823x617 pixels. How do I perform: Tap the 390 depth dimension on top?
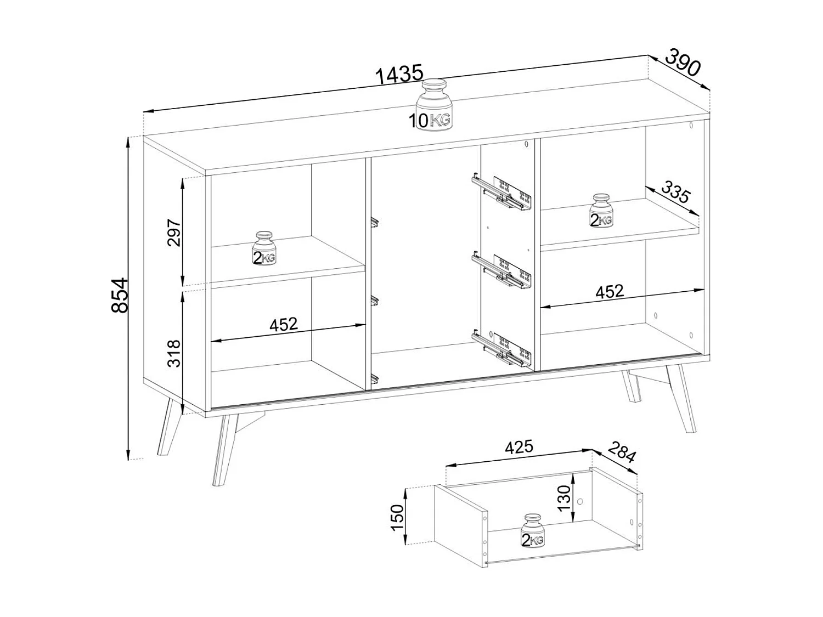click(x=684, y=63)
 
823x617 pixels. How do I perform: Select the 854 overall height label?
click(x=120, y=295)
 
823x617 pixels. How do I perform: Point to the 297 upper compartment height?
click(x=173, y=233)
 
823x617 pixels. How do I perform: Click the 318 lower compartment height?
click(x=173, y=353)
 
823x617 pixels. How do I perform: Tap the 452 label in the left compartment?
click(x=283, y=324)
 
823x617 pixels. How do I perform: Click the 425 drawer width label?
click(x=518, y=447)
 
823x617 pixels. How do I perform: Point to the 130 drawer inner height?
click(x=564, y=497)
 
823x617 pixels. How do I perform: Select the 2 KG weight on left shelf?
click(x=264, y=248)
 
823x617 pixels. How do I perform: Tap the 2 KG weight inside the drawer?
click(x=532, y=531)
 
